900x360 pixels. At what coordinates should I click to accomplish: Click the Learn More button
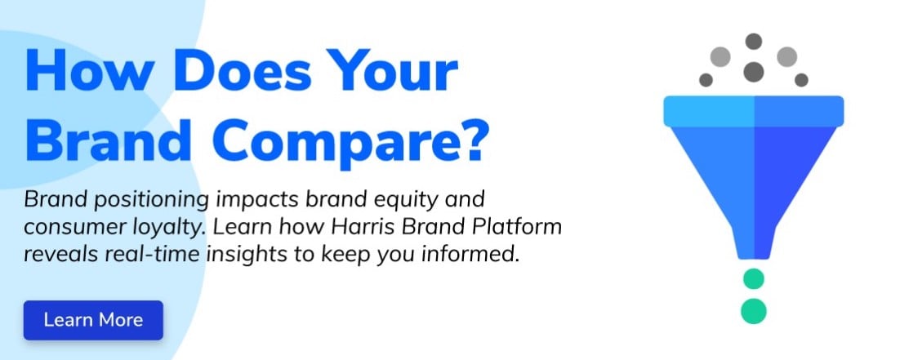click(x=93, y=320)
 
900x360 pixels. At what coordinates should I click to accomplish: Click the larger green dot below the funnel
click(x=754, y=311)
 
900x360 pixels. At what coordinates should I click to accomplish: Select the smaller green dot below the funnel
click(x=754, y=279)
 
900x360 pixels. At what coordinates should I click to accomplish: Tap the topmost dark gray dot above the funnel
click(x=754, y=42)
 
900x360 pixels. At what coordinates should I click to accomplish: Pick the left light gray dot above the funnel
click(x=720, y=57)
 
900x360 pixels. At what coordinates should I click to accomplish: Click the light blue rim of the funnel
click(x=754, y=111)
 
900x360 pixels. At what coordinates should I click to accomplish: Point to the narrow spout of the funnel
click(x=754, y=242)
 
